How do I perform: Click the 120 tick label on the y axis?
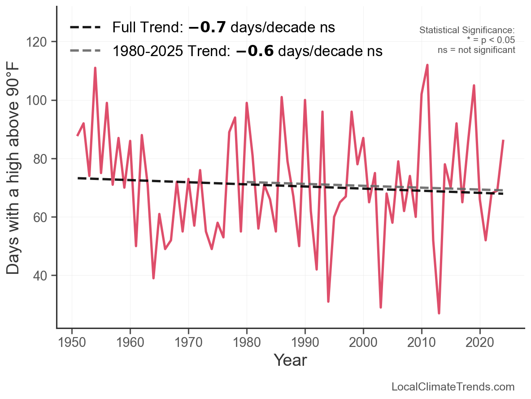tap(43, 42)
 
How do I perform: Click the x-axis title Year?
tap(290, 360)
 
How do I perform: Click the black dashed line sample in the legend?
tap(85, 28)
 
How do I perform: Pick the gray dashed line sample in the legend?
tap(85, 51)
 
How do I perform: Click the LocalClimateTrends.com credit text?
tap(453, 387)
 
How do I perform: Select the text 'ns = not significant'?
tap(476, 50)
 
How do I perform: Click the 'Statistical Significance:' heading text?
tap(467, 31)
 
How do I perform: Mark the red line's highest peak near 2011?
tap(427, 65)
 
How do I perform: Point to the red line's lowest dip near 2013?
tap(439, 313)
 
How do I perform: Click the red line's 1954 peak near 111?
tap(95, 68)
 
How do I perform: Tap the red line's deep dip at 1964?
tap(153, 278)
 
